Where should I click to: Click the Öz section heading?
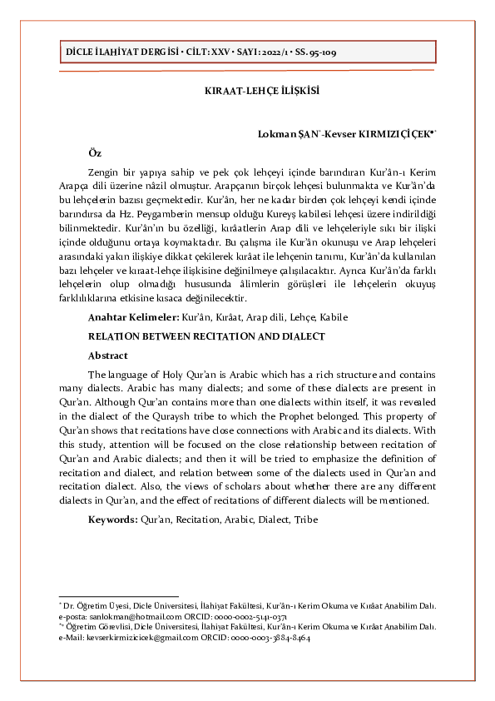point(95,153)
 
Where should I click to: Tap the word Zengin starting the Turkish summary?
point(106,172)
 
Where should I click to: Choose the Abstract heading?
point(108,355)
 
